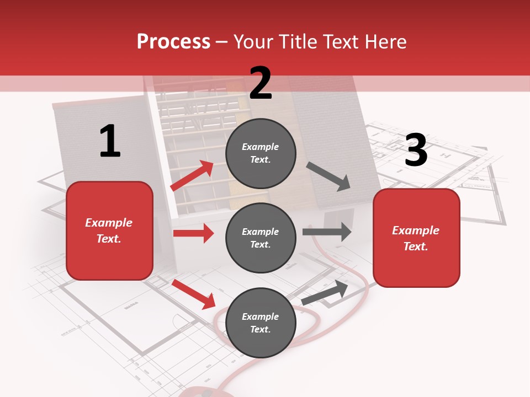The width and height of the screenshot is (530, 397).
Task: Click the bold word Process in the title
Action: pyautogui.click(x=173, y=41)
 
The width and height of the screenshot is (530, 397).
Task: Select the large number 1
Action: pyautogui.click(x=110, y=141)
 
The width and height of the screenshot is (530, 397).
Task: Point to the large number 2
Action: pyautogui.click(x=261, y=83)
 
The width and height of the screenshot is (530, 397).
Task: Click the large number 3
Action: pyautogui.click(x=416, y=150)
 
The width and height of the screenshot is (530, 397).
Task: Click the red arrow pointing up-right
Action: pyautogui.click(x=193, y=175)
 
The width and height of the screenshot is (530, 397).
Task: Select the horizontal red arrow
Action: pyautogui.click(x=193, y=233)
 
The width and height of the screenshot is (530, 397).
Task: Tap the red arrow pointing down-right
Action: pyautogui.click(x=194, y=294)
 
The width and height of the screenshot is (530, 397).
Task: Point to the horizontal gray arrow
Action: pyautogui.click(x=327, y=232)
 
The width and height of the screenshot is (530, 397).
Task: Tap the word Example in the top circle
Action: pyautogui.click(x=261, y=147)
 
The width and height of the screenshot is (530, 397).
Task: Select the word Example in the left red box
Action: pyautogui.click(x=109, y=223)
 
